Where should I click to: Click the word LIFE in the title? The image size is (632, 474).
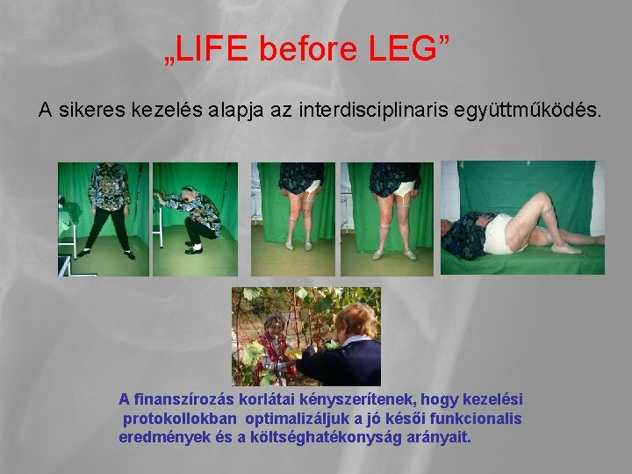point(213,52)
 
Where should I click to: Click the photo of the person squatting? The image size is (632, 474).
point(194,219)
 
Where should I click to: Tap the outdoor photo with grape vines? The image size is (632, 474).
point(305,336)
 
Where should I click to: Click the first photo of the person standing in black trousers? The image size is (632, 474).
point(104,219)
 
